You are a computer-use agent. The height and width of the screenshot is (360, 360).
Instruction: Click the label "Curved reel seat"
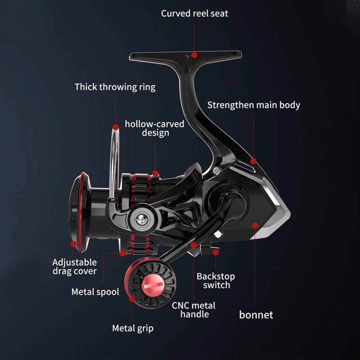click(x=194, y=13)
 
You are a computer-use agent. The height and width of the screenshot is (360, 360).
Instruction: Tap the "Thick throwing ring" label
click(x=115, y=87)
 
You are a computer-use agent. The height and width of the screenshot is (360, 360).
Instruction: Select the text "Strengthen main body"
click(x=253, y=105)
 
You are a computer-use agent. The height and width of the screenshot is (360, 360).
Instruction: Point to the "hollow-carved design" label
click(x=155, y=128)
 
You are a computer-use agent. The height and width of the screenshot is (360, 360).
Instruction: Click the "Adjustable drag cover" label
click(x=75, y=266)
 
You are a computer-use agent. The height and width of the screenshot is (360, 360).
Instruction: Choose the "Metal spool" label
click(x=95, y=292)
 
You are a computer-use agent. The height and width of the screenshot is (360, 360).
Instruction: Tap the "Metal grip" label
click(x=133, y=328)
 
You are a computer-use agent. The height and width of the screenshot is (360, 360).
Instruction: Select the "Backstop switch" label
click(x=216, y=280)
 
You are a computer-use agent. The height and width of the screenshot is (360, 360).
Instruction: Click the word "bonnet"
click(x=256, y=315)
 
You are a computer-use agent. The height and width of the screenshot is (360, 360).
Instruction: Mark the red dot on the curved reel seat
click(x=194, y=55)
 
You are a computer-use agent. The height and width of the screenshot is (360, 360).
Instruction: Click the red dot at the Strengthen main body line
click(x=253, y=161)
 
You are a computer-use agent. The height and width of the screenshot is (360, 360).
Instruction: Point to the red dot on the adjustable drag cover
click(x=74, y=244)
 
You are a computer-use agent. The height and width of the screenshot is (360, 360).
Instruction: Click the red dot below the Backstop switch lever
click(x=216, y=253)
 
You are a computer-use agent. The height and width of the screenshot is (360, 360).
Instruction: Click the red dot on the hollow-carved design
click(x=155, y=173)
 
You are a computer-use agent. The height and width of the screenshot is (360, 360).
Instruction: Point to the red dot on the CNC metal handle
click(x=194, y=245)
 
